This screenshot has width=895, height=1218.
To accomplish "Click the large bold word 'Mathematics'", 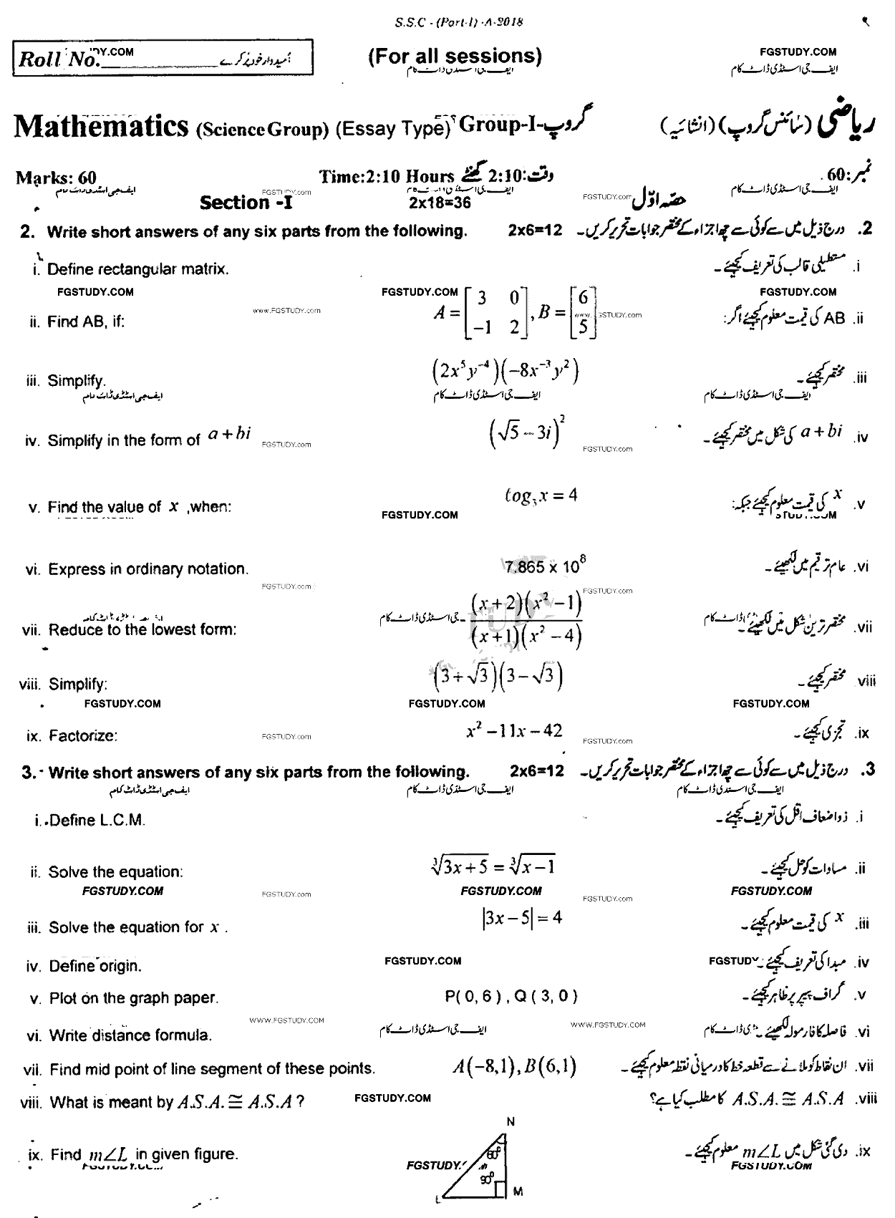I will [x=100, y=127].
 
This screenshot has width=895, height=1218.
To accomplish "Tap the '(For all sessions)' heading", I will [x=455, y=57].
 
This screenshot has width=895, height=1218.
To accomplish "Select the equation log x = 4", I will [x=541, y=496].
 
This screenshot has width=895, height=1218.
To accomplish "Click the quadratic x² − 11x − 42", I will [x=514, y=731].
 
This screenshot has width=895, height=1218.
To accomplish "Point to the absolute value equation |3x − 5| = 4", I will [x=522, y=918].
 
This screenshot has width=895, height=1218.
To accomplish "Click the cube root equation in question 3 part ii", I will [x=490, y=866].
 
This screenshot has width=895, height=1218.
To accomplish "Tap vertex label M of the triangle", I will [x=518, y=1192].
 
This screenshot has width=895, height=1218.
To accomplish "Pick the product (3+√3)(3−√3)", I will [x=499, y=676].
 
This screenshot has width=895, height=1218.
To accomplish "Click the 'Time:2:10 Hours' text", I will [x=387, y=176].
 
